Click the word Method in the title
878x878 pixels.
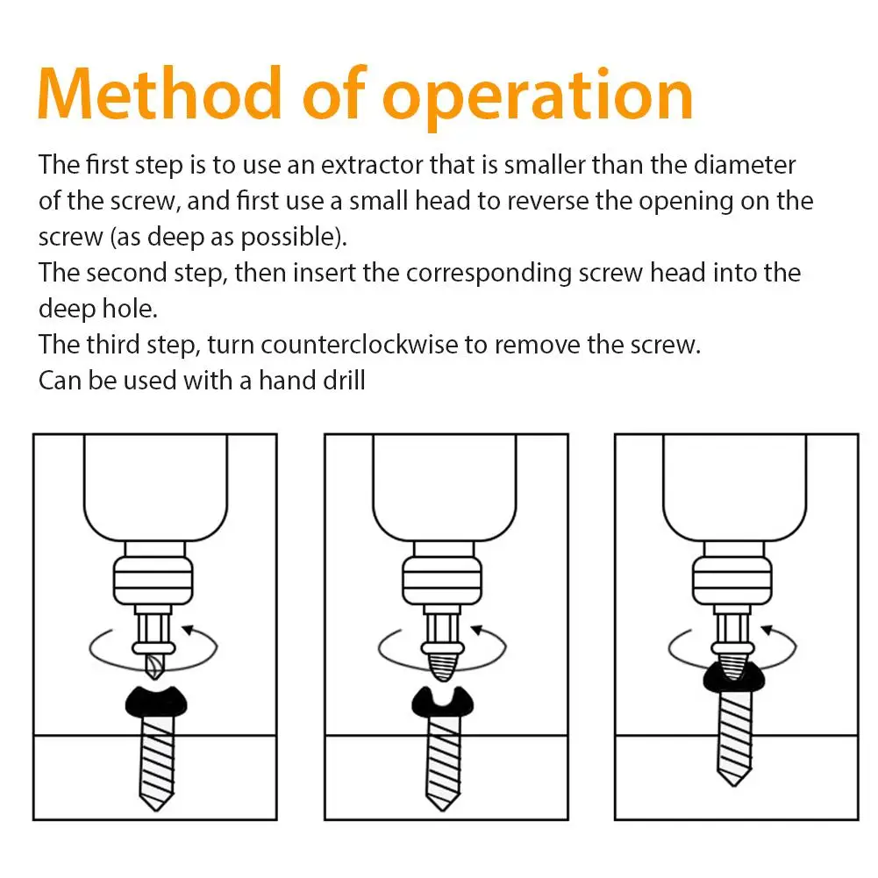(160, 93)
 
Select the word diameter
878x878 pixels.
(744, 165)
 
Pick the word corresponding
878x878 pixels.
(489, 275)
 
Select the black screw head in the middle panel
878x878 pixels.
(442, 704)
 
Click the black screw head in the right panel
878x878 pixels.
(733, 677)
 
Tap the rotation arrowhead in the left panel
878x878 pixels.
(189, 630)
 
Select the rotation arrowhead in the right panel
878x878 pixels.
(768, 630)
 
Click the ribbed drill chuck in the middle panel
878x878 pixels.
(442, 581)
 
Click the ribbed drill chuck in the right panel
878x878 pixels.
(732, 581)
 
